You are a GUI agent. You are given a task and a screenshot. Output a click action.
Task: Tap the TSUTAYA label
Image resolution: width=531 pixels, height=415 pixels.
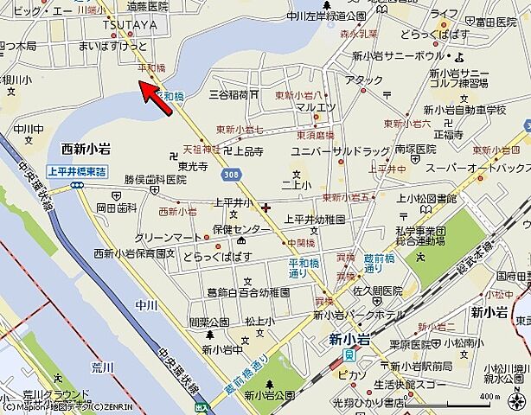(129, 25)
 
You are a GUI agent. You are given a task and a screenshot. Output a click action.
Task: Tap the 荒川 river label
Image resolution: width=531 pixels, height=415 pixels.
(103, 367)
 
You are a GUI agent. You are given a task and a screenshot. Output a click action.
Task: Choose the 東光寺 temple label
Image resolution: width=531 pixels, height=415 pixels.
(194, 165)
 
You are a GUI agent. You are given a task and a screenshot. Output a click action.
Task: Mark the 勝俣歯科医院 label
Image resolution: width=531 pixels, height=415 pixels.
(155, 180)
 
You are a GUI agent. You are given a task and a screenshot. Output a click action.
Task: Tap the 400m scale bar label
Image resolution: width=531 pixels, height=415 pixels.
(489, 397)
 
